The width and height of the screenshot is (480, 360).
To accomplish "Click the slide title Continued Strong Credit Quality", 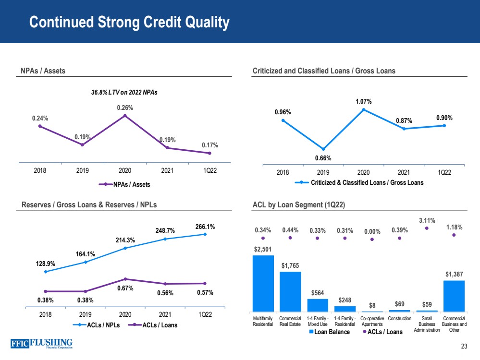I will tap(129, 23).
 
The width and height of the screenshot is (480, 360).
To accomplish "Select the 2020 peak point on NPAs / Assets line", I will tap(125, 115).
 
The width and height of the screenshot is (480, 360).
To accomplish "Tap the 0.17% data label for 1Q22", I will tap(209, 144).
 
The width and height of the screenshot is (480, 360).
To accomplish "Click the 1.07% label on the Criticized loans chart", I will tap(363, 101).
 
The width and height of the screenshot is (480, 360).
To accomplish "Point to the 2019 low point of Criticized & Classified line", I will tap(323, 149).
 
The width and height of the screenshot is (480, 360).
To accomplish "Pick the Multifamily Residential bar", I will tap(263, 283).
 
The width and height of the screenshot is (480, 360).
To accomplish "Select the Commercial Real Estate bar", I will tap(290, 291).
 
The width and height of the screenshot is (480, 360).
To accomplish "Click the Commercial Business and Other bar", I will tap(454, 296).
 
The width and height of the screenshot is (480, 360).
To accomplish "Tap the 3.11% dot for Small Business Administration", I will tap(427, 228).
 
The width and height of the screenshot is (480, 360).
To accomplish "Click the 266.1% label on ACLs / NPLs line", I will tap(205, 225).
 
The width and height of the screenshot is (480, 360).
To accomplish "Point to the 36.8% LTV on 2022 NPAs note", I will tap(124, 93).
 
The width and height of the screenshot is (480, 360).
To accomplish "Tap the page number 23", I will tap(464, 348).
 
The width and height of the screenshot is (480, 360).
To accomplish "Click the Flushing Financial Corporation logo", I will tap(41, 344).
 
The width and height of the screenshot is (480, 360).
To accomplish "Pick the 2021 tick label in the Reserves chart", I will tap(165, 314).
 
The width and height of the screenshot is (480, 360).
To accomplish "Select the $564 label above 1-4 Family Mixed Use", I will tap(318, 293).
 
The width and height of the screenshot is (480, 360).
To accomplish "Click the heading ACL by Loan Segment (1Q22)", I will tap(298, 205).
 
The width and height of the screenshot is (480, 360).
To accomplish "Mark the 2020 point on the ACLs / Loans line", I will tap(125, 279).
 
